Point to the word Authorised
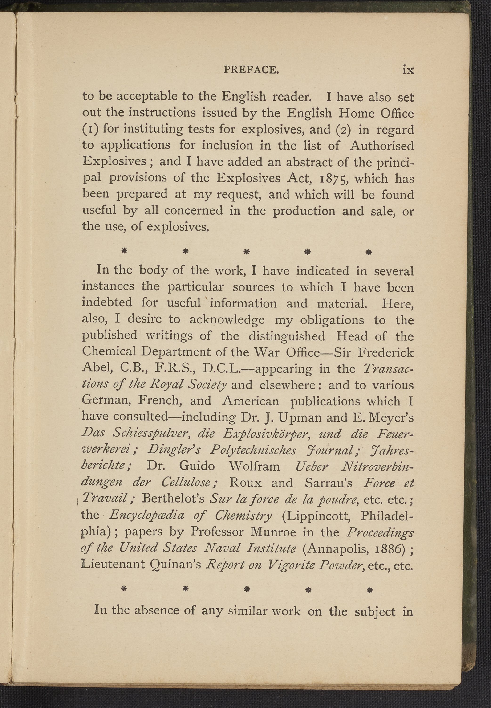tap(382, 145)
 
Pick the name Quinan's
tap(172, 564)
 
